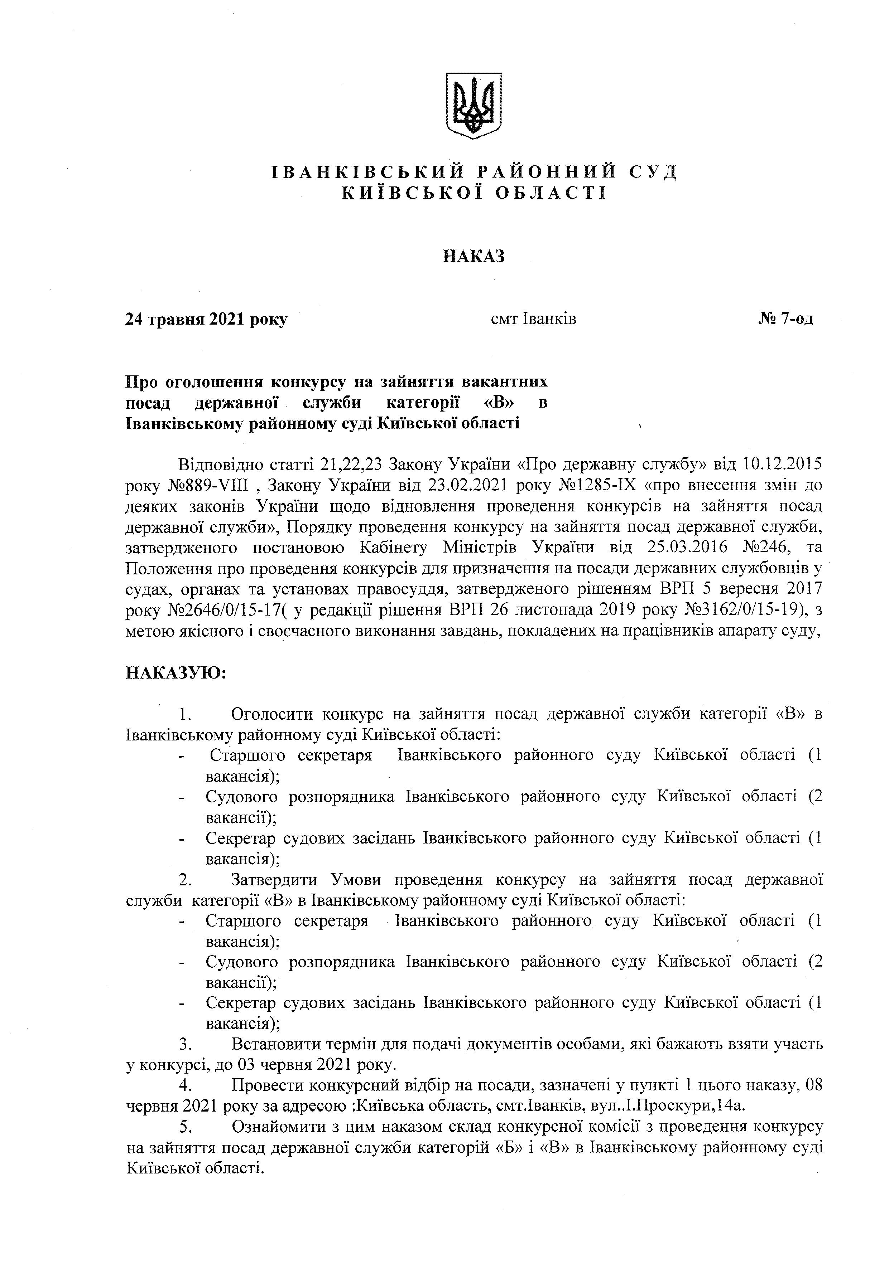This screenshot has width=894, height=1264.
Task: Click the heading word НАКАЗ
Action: click(x=474, y=257)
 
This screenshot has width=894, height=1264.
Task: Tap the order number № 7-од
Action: click(x=785, y=319)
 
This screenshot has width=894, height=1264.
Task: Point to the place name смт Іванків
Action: click(x=533, y=319)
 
